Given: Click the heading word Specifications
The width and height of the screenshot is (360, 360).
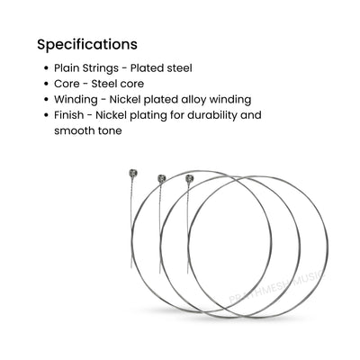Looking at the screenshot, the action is tap(87, 45).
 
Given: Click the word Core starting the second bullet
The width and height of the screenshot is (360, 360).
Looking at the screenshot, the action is tap(67, 84).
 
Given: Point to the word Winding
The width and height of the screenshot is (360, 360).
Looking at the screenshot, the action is tap(76, 100).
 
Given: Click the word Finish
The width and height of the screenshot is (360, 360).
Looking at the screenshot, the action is tap(68, 115).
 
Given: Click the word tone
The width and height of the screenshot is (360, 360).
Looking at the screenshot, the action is tap(110, 131).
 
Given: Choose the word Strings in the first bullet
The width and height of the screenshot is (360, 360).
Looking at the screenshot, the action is tap(100, 68).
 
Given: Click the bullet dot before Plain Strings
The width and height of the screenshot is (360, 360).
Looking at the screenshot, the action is tap(46, 68).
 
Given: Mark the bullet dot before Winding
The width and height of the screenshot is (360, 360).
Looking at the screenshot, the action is tap(46, 99).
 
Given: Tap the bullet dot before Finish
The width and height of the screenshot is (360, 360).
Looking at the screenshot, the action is tap(46, 115).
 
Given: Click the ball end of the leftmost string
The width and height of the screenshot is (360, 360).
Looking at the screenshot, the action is tap(133, 173).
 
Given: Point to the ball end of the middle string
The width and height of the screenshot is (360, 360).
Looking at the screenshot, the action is tap(162, 178).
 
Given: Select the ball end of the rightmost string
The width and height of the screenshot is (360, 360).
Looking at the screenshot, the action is tap(190, 178).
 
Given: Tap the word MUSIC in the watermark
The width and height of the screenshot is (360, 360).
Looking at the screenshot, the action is tap(308, 277).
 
